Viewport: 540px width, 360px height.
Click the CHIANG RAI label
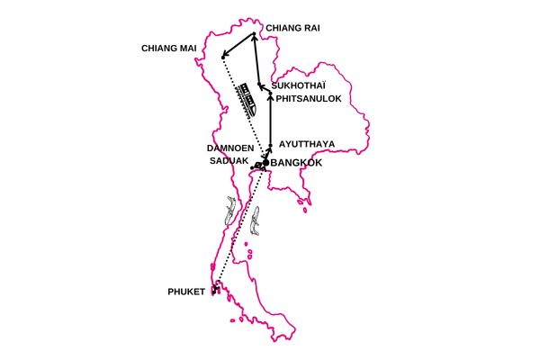pyautogui.click(x=291, y=28)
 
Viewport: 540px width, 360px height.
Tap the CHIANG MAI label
pyautogui.click(x=170, y=48)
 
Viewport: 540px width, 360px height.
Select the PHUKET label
pyautogui.click(x=186, y=292)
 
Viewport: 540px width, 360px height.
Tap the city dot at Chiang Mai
pyautogui.click(x=222, y=58)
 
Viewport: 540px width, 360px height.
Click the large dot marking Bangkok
pyautogui.click(x=265, y=163)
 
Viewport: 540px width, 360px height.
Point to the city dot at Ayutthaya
pyautogui.click(x=270, y=143)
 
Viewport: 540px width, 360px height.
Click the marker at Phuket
pyautogui.click(x=216, y=289)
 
